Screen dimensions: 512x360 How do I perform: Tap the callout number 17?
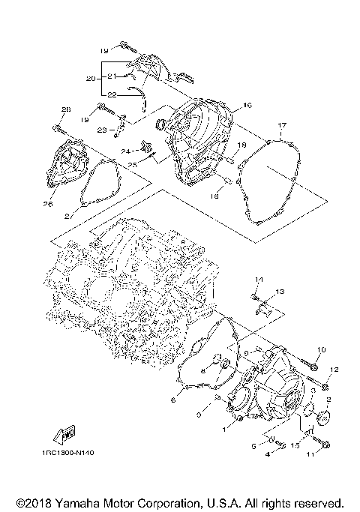[x=282, y=124]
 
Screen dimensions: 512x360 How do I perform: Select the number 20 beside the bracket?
[x=90, y=78]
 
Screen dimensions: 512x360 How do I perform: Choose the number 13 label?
[x=280, y=290]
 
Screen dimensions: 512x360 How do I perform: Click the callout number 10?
[x=321, y=349]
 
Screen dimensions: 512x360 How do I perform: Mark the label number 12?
[x=334, y=370]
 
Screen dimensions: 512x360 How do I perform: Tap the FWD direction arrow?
[x=64, y=433]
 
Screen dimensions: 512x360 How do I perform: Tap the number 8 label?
[x=202, y=371]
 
